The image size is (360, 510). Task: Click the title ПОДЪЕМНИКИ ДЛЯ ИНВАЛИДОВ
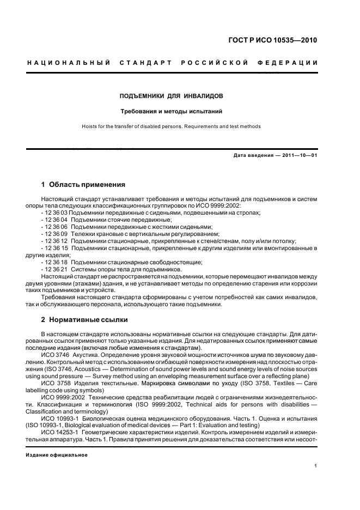pyautogui.click(x=171, y=96)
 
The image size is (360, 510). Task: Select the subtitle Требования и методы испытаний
pyautogui.click(x=171, y=112)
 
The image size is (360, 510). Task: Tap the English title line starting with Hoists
pyautogui.click(x=171, y=126)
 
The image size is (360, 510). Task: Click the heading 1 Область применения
pyautogui.click(x=83, y=185)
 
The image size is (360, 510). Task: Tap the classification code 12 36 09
pyautogui.click(x=57, y=234)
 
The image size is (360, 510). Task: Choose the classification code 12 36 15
pyautogui.click(x=57, y=248)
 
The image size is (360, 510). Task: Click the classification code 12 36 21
pyautogui.click(x=57, y=269)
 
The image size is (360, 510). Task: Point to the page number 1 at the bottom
pyautogui.click(x=316, y=466)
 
